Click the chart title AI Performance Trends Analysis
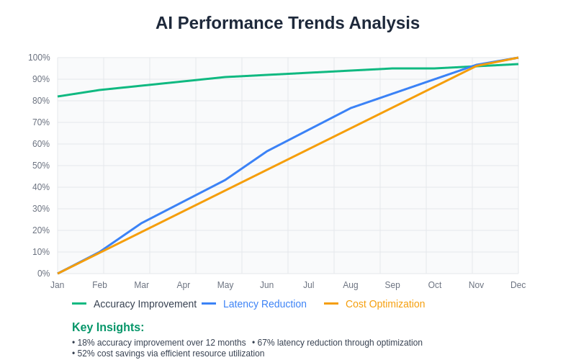point(287,23)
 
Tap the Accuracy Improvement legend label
point(145,304)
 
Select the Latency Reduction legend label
point(264,304)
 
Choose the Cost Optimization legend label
point(384,304)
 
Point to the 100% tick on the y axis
point(39,58)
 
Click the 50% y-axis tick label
point(41,166)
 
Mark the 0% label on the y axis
point(43,274)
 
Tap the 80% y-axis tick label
point(41,101)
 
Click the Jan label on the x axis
point(58,285)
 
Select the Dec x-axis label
point(518,285)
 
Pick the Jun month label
point(267,285)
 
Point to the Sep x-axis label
point(392,285)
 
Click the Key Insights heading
point(108,327)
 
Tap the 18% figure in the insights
point(86,343)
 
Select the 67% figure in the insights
point(266,343)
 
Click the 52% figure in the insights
point(86,354)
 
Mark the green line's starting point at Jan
point(58,96)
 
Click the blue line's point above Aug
point(351,108)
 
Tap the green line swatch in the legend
point(79,304)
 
